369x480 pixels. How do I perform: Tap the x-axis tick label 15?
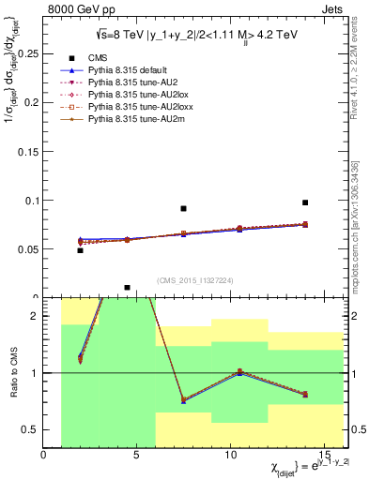pyautogui.click(x=324, y=455)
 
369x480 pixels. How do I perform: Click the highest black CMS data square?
pyautogui.click(x=305, y=202)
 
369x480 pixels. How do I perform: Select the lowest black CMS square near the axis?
pyautogui.click(x=127, y=288)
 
